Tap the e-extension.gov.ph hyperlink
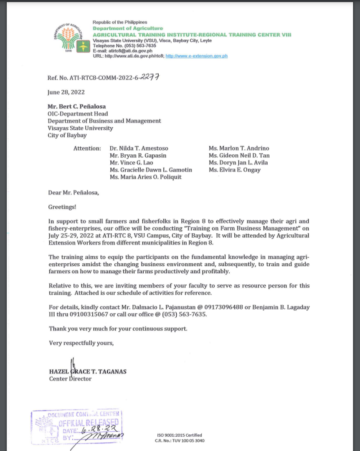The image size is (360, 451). pos(196,56)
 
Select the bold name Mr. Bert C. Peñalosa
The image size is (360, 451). pos(76,107)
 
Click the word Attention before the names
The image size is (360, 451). pos(87,148)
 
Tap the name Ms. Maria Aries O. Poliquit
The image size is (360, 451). pos(145,177)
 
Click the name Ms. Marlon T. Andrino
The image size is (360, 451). pos(239,148)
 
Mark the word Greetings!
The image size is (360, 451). pos(62,207)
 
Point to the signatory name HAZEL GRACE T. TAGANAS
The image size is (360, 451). pos(88,372)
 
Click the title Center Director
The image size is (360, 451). pos(70,379)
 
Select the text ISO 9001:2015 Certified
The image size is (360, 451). pos(180,435)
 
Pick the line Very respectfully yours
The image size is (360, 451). pos(81,343)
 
